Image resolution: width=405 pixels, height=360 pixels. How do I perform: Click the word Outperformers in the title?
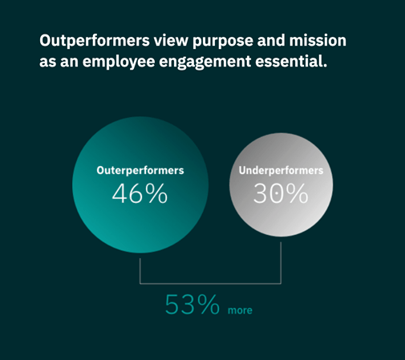(x=95, y=41)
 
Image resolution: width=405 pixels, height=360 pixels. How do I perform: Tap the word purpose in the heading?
(x=223, y=42)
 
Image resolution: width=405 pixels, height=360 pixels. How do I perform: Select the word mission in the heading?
(x=318, y=40)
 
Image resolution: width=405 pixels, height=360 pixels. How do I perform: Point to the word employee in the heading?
(x=119, y=62)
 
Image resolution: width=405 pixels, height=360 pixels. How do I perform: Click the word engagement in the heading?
(x=205, y=63)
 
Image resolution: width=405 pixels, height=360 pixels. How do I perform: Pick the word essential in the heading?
(x=291, y=61)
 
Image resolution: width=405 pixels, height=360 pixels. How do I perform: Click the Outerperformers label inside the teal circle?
(x=140, y=171)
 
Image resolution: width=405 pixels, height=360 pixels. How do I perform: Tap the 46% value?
(x=140, y=193)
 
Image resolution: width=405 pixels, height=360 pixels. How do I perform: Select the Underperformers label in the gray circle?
(x=281, y=171)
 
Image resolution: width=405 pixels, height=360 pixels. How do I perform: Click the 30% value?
(x=281, y=193)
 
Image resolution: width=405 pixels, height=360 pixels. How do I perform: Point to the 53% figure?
(x=192, y=305)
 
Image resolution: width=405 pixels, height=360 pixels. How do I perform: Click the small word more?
(x=240, y=310)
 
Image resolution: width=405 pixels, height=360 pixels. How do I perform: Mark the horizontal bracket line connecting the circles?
(x=210, y=284)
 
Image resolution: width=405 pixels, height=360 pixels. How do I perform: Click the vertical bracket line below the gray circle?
(x=281, y=263)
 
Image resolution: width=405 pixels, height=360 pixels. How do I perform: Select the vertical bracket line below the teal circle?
(x=140, y=271)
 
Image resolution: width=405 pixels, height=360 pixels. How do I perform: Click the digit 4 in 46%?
(x=119, y=193)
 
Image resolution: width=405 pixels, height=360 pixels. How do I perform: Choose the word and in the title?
(x=271, y=40)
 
